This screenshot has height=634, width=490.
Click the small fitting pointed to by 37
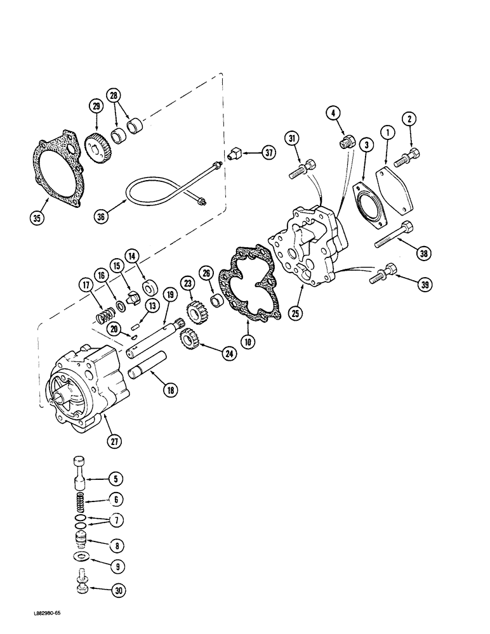(234, 153)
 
